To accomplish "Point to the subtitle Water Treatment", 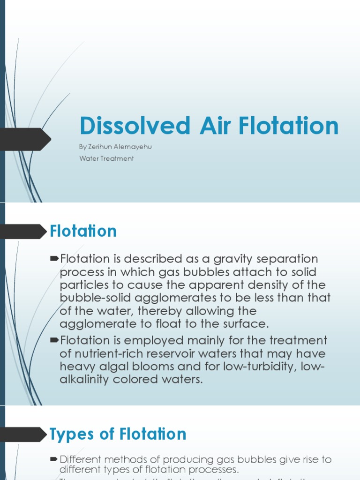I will (106, 158).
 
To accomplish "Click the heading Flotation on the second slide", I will (83, 231).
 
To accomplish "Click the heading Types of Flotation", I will (118, 434).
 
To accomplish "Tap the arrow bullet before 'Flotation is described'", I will (54, 259).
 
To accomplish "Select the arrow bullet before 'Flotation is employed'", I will (54, 340).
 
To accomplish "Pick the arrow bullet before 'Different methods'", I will (54, 460).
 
